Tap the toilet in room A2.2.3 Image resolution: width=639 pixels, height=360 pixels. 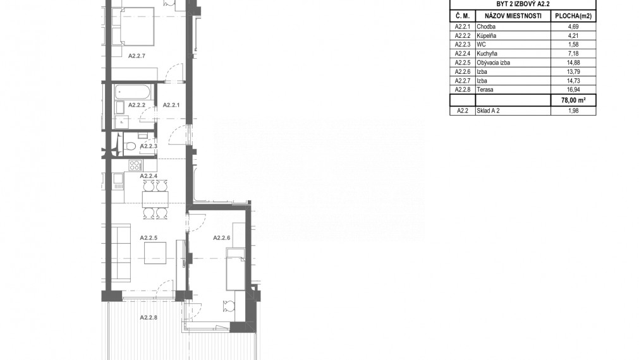pos(130,147)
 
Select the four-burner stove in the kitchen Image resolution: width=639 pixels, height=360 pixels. pos(135,166)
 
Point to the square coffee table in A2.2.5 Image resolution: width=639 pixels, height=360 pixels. pos(155,253)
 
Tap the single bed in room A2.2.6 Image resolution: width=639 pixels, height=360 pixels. pos(235,270)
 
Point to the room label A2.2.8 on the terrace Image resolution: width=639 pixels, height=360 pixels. pos(149,318)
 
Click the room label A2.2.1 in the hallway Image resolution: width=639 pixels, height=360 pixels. pos(172,105)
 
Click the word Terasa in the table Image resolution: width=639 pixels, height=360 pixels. pos(485,90)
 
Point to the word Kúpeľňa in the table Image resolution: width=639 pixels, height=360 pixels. pos(487,36)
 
